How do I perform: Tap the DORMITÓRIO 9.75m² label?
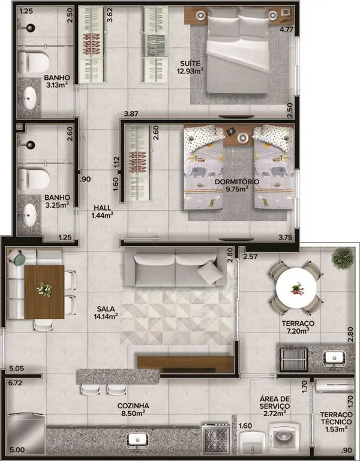[x=237, y=185]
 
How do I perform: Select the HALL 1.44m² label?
[x=102, y=211]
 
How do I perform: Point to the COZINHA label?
[x=133, y=406]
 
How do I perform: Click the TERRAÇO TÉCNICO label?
[x=336, y=418]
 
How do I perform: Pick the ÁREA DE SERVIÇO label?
[x=274, y=403]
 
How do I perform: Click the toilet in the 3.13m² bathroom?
[x=33, y=62]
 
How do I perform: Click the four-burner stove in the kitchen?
[x=217, y=439]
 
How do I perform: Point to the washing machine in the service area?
[x=284, y=439]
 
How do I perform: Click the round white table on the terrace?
[x=296, y=288]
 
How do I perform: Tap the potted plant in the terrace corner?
[x=343, y=259]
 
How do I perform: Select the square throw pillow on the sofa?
[x=210, y=273]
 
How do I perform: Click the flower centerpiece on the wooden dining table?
[x=44, y=289]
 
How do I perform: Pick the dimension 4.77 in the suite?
[x=286, y=29]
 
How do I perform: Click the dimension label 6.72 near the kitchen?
[x=15, y=383]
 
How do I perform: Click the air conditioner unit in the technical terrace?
[x=335, y=387]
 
